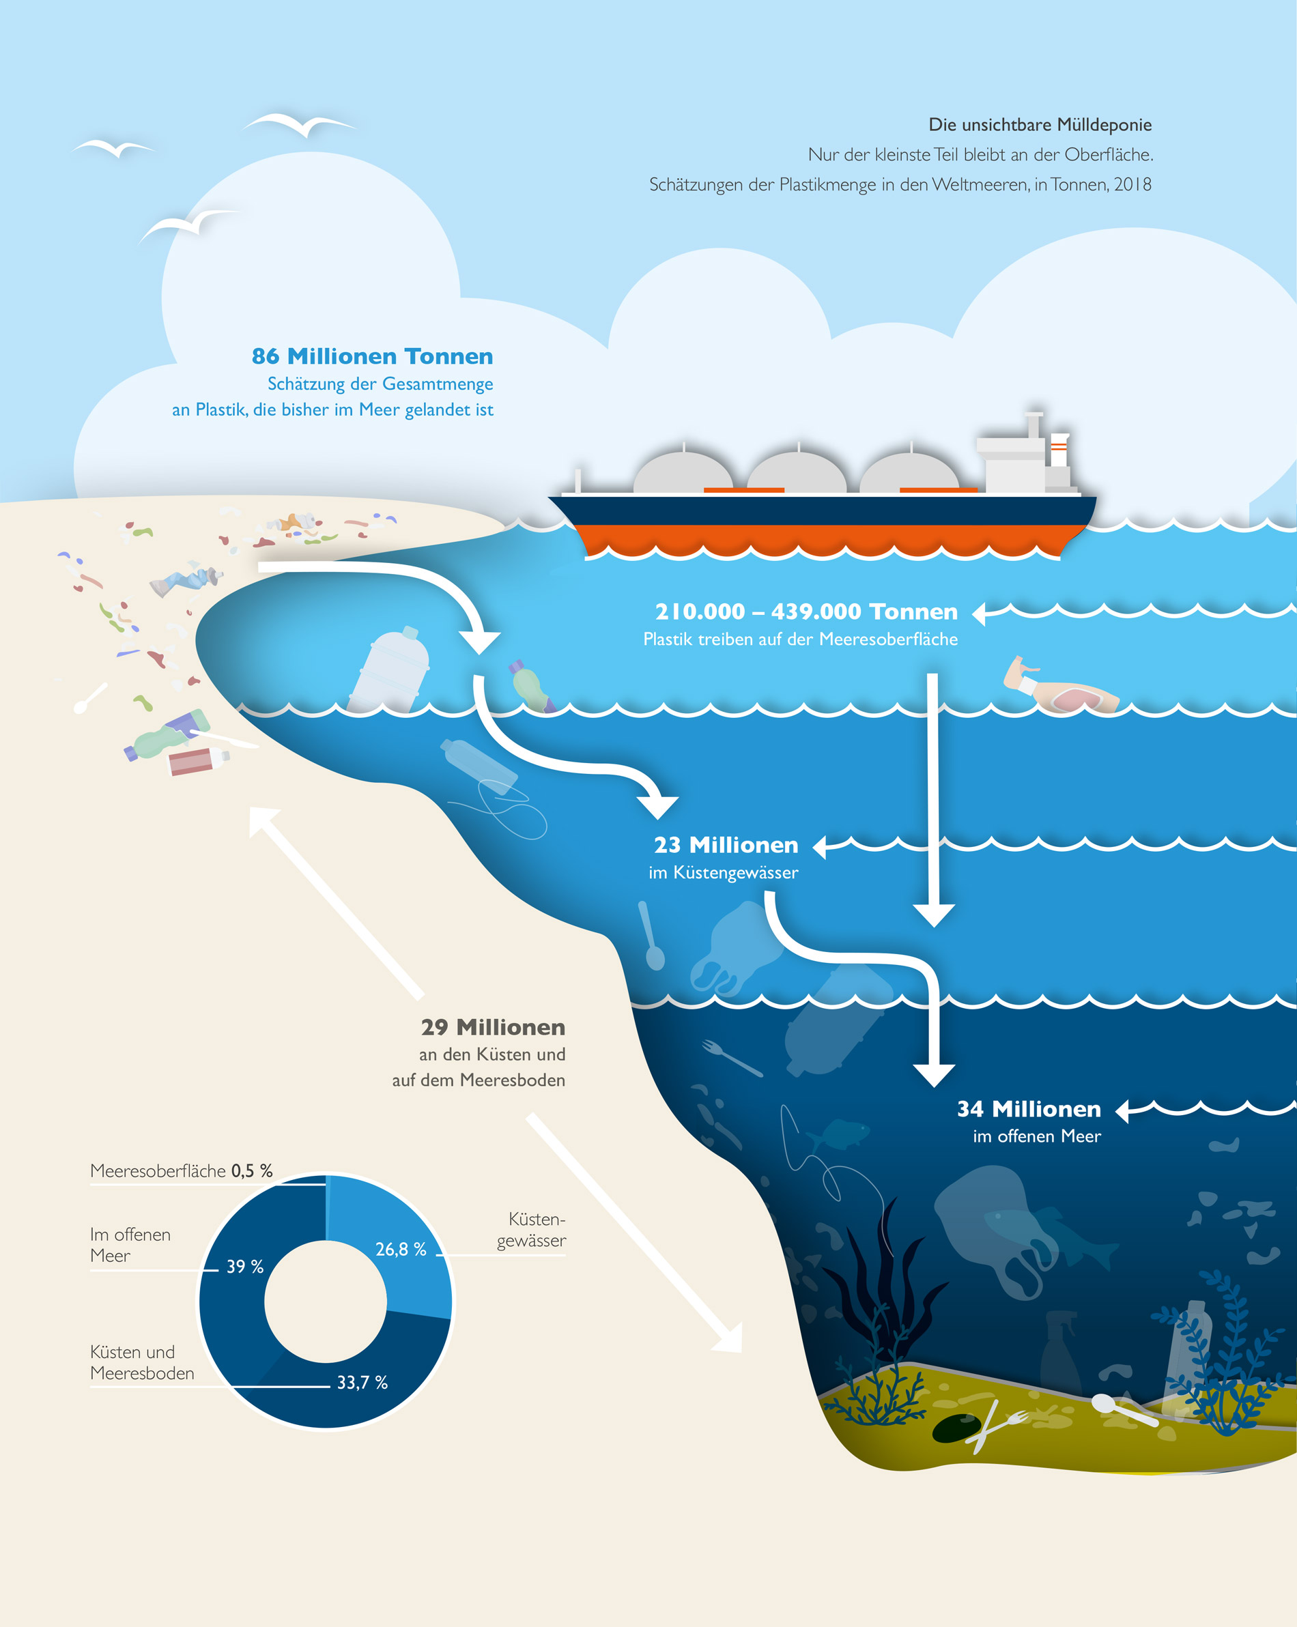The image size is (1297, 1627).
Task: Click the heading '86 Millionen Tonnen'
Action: [x=372, y=356]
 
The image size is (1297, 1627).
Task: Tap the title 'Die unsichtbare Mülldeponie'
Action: [x=1040, y=124]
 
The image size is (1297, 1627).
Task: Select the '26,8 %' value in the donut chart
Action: [x=401, y=1250]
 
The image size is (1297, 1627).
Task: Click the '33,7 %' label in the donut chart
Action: [x=362, y=1383]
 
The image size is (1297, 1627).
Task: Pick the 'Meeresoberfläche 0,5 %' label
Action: [x=181, y=1171]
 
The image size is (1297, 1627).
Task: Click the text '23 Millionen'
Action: [x=726, y=845]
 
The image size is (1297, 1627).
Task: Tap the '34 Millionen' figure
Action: [x=1028, y=1109]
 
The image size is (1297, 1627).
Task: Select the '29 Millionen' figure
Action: [x=493, y=1028]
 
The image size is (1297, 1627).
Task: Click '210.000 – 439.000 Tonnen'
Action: [x=806, y=612]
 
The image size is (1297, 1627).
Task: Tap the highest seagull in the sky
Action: [x=298, y=124]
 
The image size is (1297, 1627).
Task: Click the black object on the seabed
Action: [x=956, y=1428]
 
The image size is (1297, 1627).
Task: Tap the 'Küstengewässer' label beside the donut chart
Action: [x=532, y=1230]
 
